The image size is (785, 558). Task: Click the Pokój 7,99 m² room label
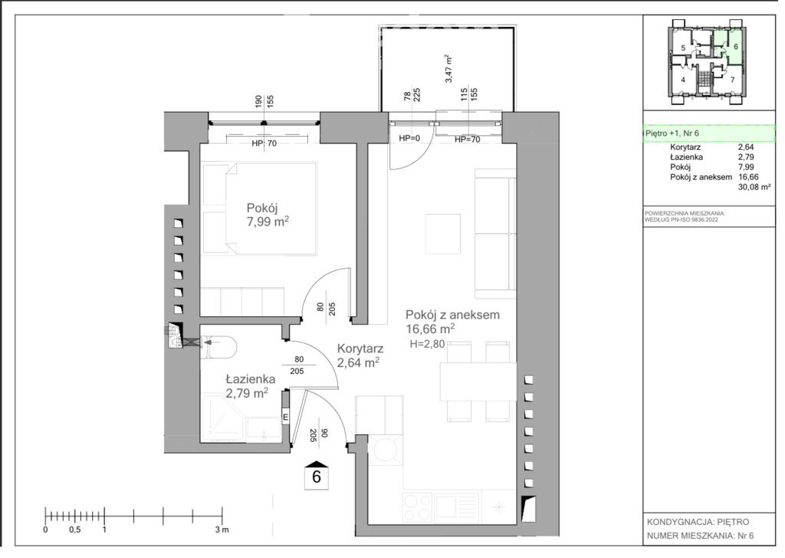click(268, 215)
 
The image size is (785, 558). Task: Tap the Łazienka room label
click(250, 379)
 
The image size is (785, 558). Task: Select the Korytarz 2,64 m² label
click(360, 355)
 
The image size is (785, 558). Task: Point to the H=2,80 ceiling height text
click(427, 344)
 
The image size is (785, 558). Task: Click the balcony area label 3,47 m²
click(449, 69)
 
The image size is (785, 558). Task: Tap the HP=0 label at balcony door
click(409, 138)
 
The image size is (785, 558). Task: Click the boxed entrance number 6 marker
click(317, 474)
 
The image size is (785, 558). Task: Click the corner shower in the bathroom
click(222, 419)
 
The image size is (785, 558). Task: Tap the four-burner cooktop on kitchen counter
click(418, 507)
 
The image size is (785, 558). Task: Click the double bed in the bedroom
click(259, 208)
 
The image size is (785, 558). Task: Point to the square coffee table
click(442, 233)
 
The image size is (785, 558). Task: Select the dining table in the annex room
click(478, 381)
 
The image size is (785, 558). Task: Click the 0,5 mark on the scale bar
click(74, 530)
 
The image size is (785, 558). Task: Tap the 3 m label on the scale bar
click(222, 530)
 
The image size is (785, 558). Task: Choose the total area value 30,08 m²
click(754, 187)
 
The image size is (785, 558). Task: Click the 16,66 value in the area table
click(748, 177)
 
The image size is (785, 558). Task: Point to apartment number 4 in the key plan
click(683, 80)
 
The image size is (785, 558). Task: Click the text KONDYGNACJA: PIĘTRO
click(698, 522)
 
